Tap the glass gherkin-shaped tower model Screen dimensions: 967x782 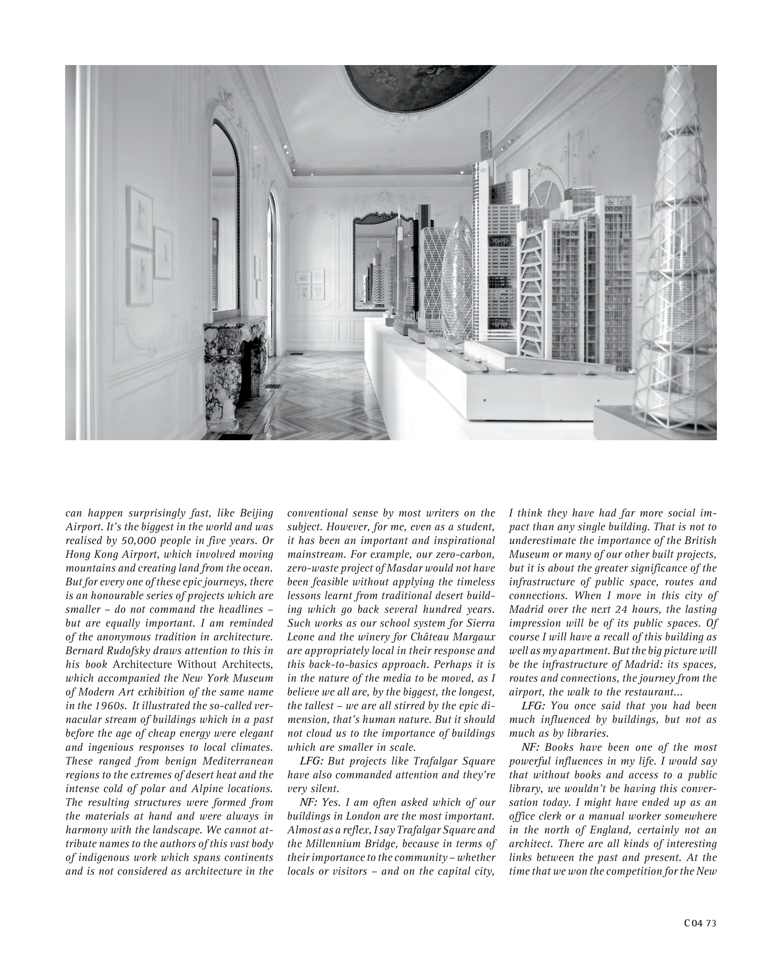(458, 279)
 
